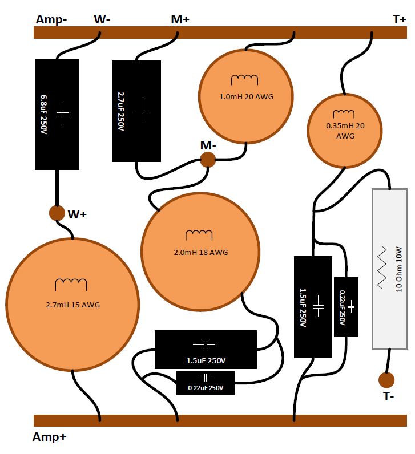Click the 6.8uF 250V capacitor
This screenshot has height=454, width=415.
[57, 115]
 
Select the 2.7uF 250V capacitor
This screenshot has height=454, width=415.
[136, 111]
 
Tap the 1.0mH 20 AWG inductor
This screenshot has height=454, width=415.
[246, 96]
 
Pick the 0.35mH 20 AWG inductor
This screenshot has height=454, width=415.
[345, 131]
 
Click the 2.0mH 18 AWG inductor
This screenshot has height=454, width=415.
[200, 252]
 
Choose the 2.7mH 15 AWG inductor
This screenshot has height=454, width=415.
[72, 305]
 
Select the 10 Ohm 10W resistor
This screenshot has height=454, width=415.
[390, 269]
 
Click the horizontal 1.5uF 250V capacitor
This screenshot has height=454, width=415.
[206, 349]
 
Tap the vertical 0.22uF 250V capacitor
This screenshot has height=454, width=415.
[346, 307]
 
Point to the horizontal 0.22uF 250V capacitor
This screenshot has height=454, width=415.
[205, 383]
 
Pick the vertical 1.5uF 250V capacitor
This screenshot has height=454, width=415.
[313, 307]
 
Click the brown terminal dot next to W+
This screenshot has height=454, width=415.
[57, 213]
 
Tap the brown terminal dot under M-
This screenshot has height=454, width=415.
[208, 160]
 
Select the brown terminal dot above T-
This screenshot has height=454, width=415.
[386, 380]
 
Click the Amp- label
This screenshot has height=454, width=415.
[51, 20]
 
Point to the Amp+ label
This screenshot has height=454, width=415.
[49, 437]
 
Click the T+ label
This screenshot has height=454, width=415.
[400, 19]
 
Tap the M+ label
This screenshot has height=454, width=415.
[180, 19]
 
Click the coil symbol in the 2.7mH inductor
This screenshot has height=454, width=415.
[71, 285]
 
